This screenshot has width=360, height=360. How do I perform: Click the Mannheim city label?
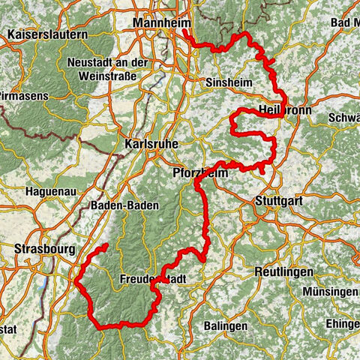(x=161, y=25)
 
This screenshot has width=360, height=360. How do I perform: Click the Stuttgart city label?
(x=277, y=201)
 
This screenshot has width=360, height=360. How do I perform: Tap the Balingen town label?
(x=226, y=326)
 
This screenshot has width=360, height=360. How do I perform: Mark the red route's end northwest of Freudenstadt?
(x=106, y=245)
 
